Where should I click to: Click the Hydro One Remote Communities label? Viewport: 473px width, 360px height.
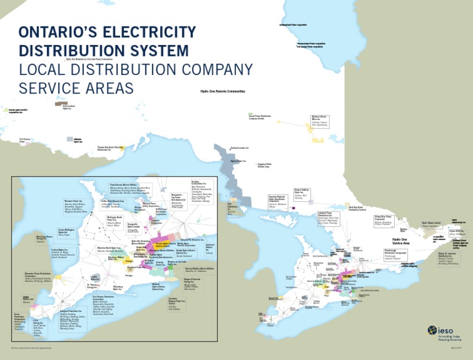(x=223, y=91)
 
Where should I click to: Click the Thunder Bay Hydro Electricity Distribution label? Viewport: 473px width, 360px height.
(x=115, y=148)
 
